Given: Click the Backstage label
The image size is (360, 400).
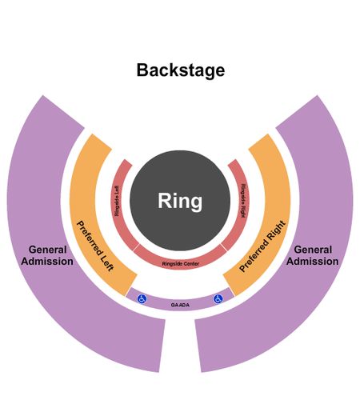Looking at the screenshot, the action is (181, 70).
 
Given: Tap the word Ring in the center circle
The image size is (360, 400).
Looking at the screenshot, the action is (180, 201).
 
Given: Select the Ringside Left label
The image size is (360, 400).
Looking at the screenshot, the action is (117, 201).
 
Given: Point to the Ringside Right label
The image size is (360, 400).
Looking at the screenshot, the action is (243, 201).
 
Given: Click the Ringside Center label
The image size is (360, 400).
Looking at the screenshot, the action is (181, 264).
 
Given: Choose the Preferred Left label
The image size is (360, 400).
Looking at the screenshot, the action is (95, 246).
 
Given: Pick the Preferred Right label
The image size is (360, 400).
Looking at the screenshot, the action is (262, 246).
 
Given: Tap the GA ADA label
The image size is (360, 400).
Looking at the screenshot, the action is (180, 305).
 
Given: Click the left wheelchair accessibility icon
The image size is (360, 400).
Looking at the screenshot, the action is (142, 298).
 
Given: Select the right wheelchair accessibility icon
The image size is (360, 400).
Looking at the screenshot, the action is (218, 299).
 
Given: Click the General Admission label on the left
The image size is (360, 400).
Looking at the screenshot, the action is (47, 255).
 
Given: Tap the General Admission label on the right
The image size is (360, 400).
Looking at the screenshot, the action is (313, 255).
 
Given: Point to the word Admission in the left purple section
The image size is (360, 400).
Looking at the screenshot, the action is (47, 262).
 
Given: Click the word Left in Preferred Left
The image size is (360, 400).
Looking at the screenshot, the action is (107, 263).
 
